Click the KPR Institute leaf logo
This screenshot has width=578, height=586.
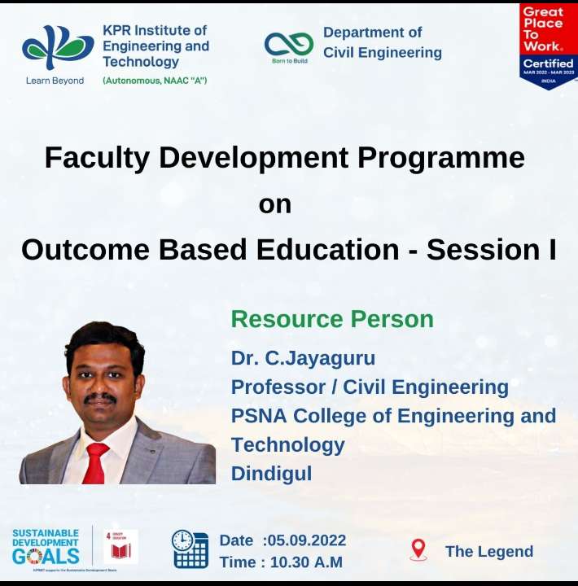pos(58,48)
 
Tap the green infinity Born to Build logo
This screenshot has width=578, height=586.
pos(289,44)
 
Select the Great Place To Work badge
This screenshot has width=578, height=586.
pos(548,46)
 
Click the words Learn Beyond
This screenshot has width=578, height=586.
pos(55,81)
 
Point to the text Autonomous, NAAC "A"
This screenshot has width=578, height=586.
pos(155,81)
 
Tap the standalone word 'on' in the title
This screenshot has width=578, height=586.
pos(274,203)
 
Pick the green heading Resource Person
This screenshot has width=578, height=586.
pos(332,318)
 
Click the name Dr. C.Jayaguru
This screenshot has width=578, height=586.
pos(303,357)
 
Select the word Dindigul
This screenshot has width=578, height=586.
pos(271,473)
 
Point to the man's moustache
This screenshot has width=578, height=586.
pos(100,398)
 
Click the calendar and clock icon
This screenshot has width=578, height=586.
pos(189,549)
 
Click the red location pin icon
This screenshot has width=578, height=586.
pos(418,549)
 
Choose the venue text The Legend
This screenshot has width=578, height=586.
pos(489,551)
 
